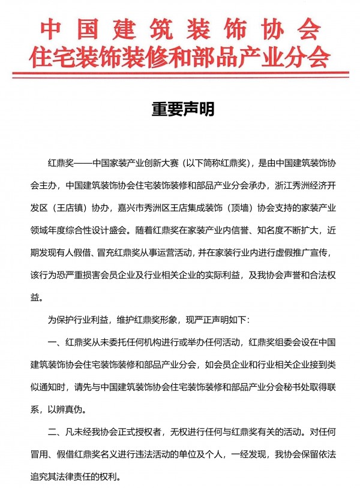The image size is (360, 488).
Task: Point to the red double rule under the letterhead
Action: (x=180, y=76)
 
